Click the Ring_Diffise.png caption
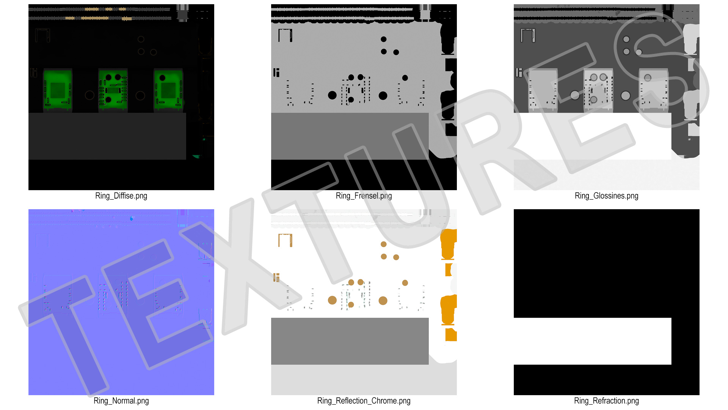click(x=121, y=196)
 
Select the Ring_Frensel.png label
click(x=364, y=196)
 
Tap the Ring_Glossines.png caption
click(x=606, y=196)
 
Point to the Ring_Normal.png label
click(x=121, y=401)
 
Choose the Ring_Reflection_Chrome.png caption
click(x=364, y=401)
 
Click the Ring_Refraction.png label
click(x=606, y=401)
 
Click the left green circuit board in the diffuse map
click(x=58, y=90)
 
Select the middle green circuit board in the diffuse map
click(x=113, y=90)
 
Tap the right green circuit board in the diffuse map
click(x=168, y=90)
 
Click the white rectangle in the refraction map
click(x=592, y=341)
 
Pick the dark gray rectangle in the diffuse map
click(x=107, y=136)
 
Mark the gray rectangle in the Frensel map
click(x=350, y=136)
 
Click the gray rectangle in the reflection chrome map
click(x=350, y=341)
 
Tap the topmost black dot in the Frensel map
click(x=384, y=39)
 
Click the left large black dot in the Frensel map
click(x=332, y=95)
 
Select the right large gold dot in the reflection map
click(x=383, y=301)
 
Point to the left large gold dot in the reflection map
click(x=332, y=300)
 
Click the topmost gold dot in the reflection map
click(x=384, y=244)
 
